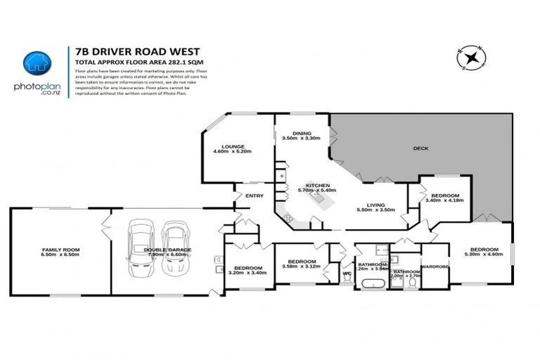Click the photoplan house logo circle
coord(34,63)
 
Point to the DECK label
coord(420,148)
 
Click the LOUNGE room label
coord(232,146)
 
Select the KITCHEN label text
coord(319,186)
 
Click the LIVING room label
coord(378,205)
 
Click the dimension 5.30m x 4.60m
coord(484,255)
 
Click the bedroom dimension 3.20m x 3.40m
coord(248,273)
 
